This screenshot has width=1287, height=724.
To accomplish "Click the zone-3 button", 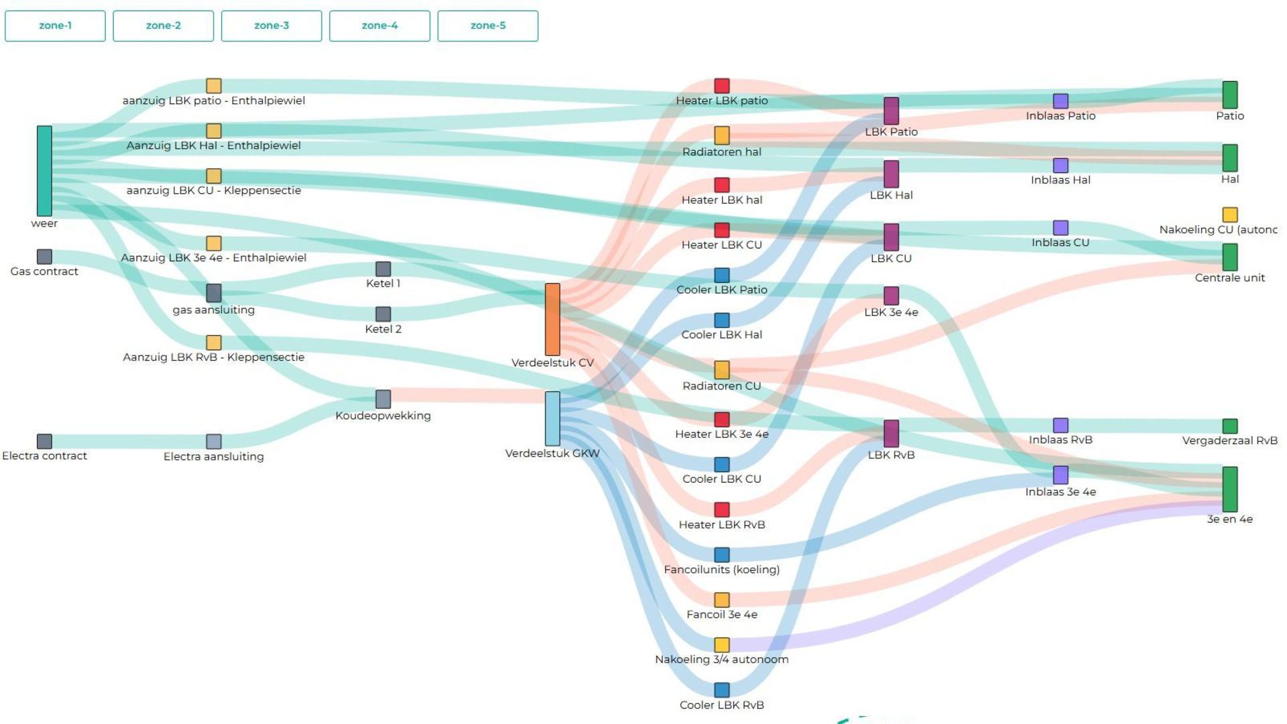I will (x=271, y=26).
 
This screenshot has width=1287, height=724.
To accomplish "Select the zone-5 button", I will (x=487, y=26).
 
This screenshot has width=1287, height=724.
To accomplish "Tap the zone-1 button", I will (x=55, y=26).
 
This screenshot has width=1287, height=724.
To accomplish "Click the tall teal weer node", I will (x=44, y=171).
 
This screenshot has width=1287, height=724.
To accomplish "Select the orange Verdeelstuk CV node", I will (x=552, y=319).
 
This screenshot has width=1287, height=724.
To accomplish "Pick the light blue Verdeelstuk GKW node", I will (x=552, y=419).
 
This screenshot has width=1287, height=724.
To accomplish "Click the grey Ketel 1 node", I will (x=383, y=269).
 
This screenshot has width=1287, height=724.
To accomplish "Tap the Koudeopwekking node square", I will (x=383, y=399).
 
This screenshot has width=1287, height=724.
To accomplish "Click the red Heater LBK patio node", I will (x=721, y=86).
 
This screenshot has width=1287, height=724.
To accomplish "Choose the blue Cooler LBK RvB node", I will (x=721, y=690).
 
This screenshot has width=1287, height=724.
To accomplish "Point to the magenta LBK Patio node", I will (x=891, y=111).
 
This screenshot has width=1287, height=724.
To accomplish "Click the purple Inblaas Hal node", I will (x=1060, y=166).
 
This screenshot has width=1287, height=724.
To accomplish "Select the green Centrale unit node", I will (x=1229, y=257).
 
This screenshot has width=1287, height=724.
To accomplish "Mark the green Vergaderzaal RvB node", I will (x=1229, y=426).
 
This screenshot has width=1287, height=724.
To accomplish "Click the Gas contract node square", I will (x=44, y=257).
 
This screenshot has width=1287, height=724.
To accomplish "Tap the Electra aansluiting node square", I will (x=213, y=442).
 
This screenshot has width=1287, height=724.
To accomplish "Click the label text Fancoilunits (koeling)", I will (x=721, y=570).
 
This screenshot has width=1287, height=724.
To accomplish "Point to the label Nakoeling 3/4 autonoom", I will (x=721, y=660).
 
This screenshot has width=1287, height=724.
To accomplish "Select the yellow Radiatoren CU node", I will (x=721, y=369).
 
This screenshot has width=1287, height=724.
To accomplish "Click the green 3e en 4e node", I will (x=1229, y=489).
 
